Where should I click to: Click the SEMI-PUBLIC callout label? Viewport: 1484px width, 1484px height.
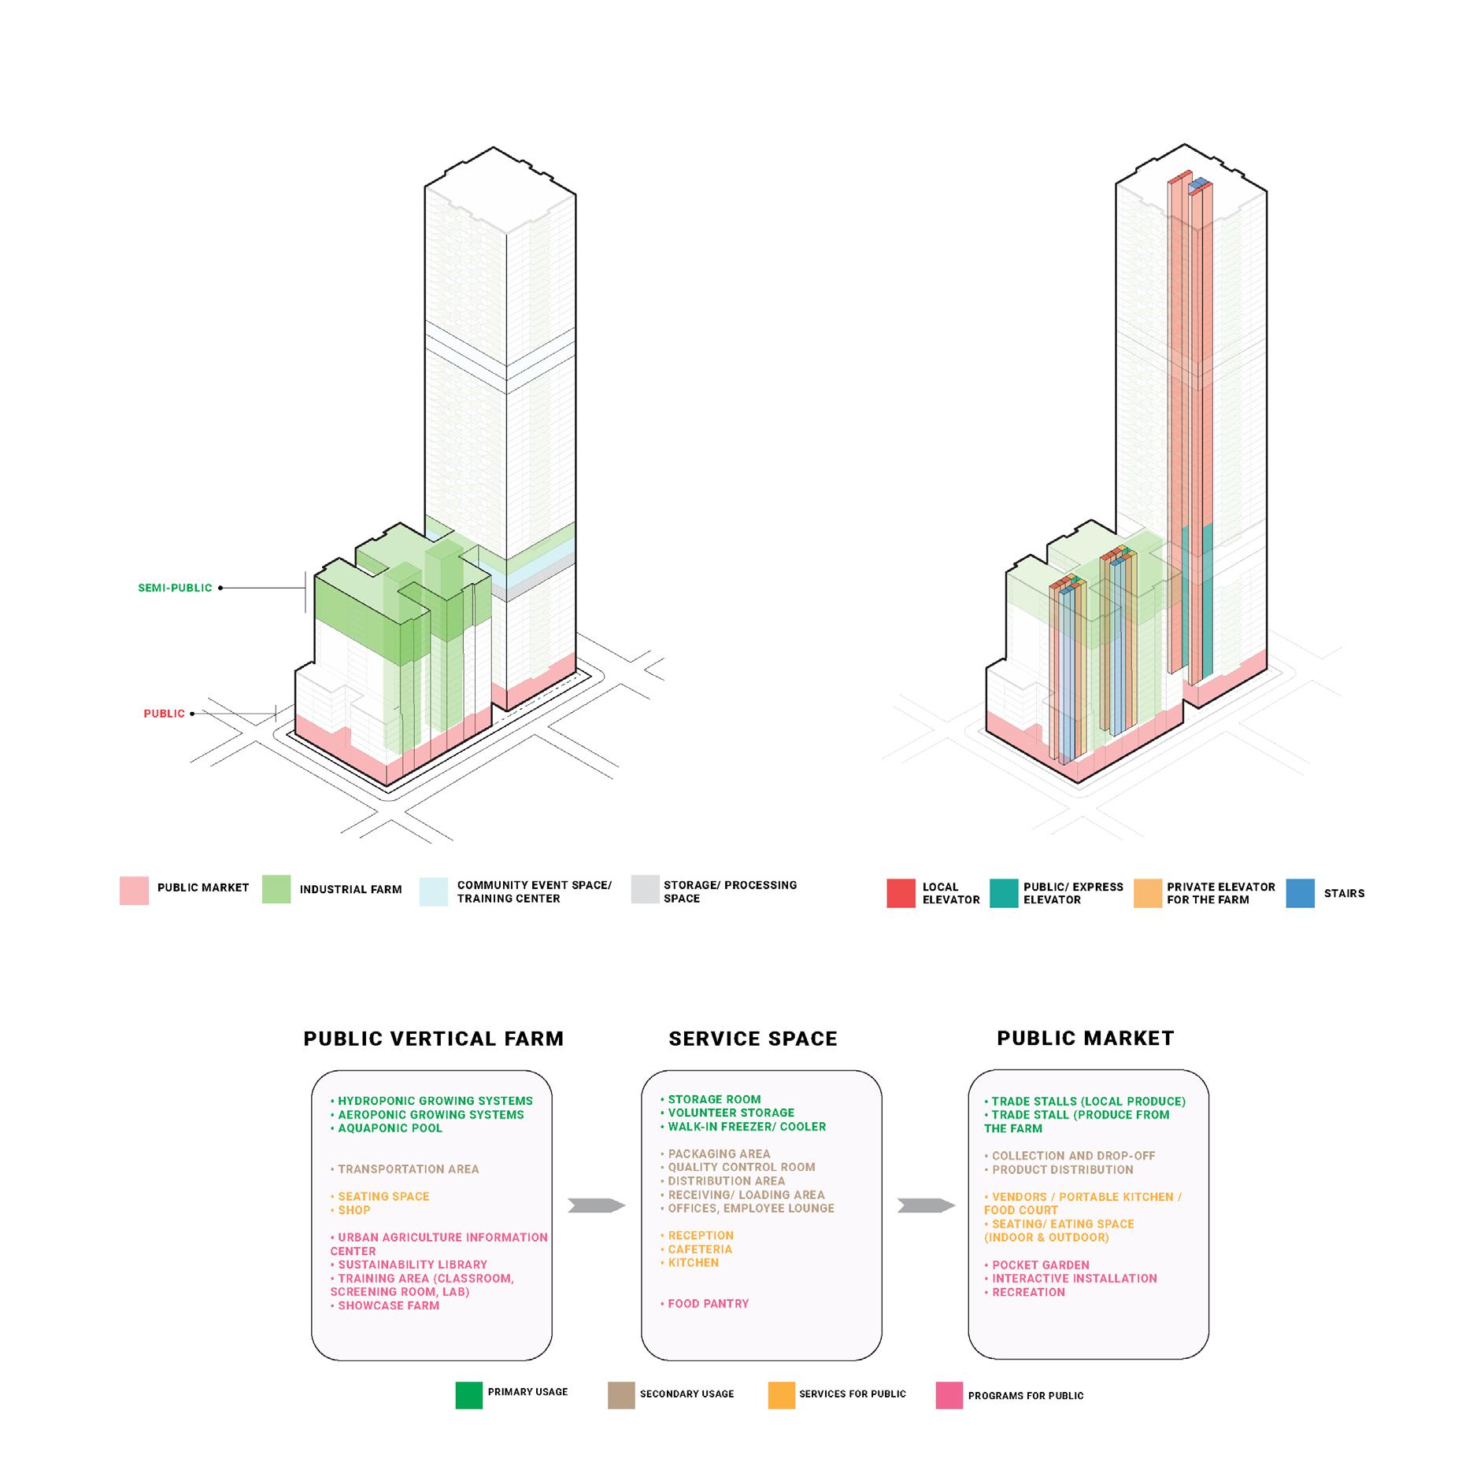point(175,588)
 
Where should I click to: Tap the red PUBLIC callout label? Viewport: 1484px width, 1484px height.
point(164,714)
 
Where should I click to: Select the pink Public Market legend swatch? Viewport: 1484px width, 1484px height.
point(134,890)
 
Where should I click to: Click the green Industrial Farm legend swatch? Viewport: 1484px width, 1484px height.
point(276,889)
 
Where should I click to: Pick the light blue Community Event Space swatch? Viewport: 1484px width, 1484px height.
point(434,892)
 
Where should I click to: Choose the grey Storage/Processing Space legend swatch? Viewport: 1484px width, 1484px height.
point(645,889)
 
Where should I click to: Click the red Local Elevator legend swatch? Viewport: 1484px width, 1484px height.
point(901,893)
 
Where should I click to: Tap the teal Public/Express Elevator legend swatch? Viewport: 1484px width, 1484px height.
point(1004,893)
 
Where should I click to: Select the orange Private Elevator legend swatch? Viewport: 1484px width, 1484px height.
point(1148,893)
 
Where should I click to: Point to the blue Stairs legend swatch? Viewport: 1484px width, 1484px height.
point(1300,893)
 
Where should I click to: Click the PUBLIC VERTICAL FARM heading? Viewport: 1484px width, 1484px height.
point(434,1039)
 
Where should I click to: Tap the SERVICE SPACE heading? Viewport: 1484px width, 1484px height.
point(753,1039)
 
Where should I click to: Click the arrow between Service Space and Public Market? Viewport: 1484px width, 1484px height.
point(926,1205)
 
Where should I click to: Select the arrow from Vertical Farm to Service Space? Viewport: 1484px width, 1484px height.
point(596,1205)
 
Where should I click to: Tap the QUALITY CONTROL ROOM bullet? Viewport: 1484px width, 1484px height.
point(741,1168)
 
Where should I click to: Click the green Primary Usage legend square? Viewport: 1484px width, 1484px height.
point(469,1395)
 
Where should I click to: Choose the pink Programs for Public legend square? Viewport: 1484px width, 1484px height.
point(949,1395)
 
